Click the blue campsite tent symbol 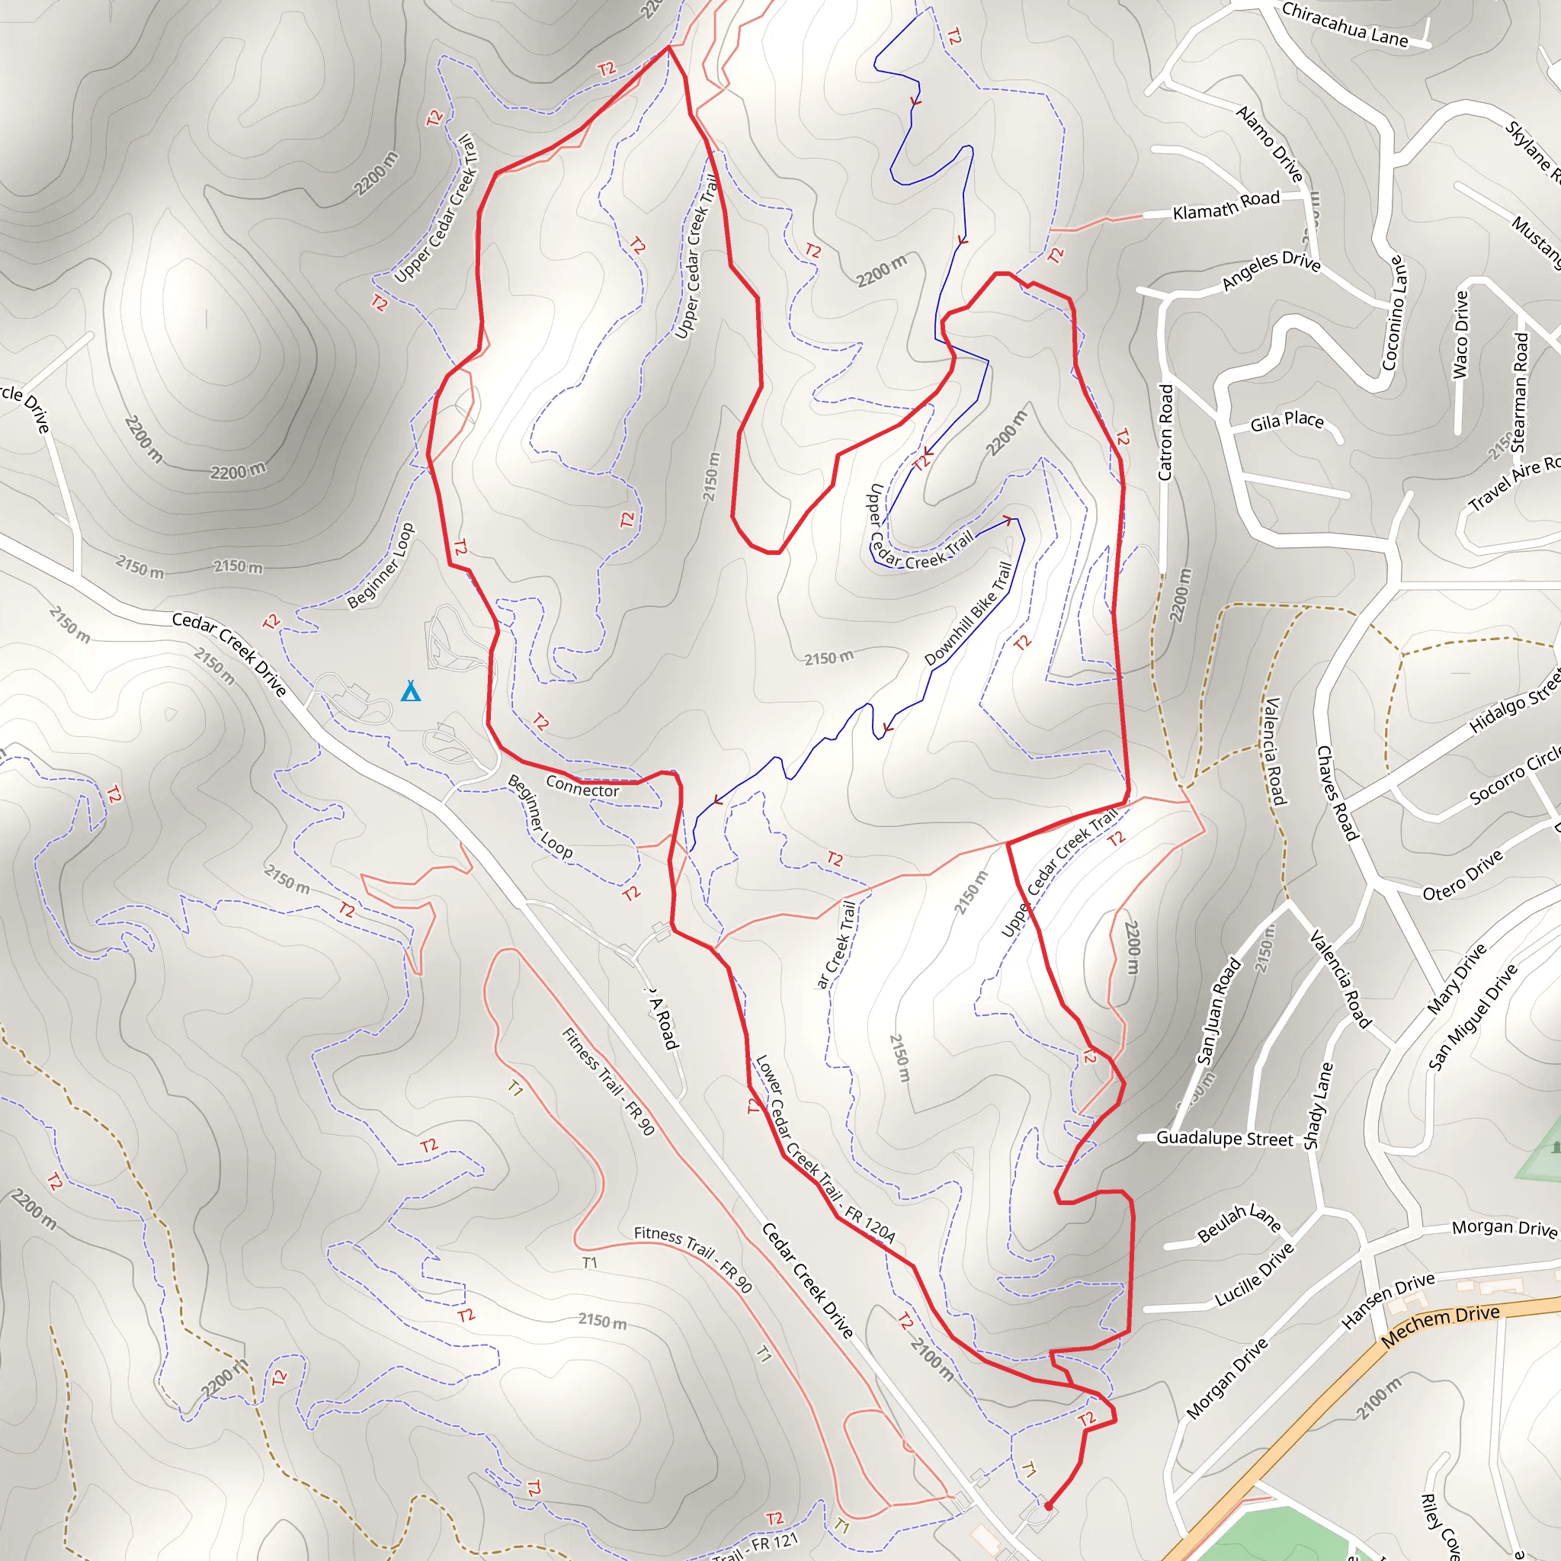click(411, 691)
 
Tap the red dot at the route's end click(1049, 1506)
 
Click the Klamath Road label click(1226, 205)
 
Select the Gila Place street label click(1287, 421)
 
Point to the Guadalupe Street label click(1225, 1139)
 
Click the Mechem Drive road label click(1440, 1326)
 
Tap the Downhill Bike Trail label click(968, 614)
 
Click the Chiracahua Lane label click(1345, 24)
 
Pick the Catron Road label click(1165, 432)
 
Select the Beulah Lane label click(1239, 1222)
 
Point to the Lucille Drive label click(1255, 1275)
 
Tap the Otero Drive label click(1463, 875)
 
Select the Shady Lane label click(1318, 1105)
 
